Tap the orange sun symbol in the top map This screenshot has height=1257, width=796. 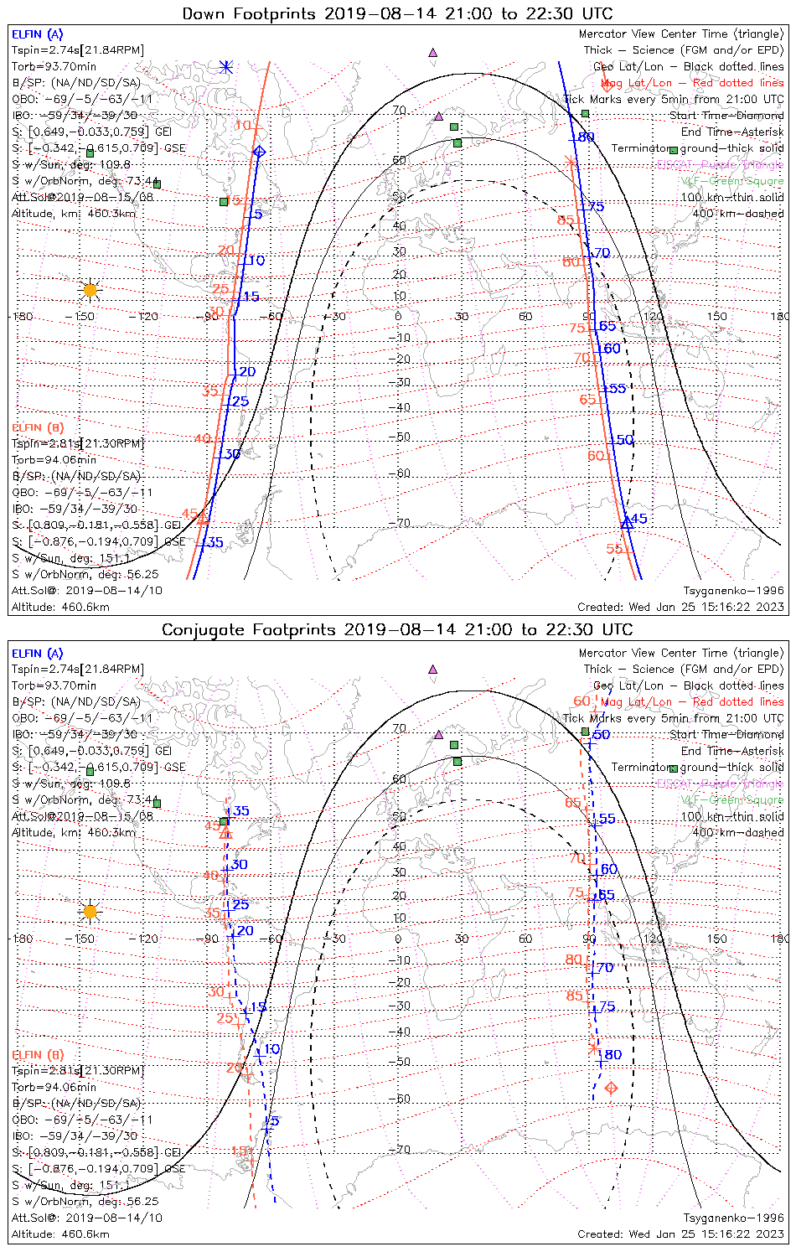tap(90, 290)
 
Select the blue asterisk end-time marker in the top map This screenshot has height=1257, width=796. tap(225, 67)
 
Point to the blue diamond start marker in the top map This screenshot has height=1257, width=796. tap(260, 152)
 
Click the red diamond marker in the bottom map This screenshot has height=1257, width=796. tap(611, 1088)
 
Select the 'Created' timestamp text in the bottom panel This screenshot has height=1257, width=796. tap(680, 1234)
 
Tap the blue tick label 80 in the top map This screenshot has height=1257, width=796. tap(584, 137)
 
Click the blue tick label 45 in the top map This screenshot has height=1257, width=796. tap(638, 519)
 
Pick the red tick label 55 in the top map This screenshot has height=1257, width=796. tap(615, 549)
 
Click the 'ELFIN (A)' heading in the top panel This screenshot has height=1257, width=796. tap(37, 34)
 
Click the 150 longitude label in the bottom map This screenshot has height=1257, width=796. tap(717, 939)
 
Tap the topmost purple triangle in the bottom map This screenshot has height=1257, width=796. tap(432, 670)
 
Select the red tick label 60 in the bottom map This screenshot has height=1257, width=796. tap(581, 701)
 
